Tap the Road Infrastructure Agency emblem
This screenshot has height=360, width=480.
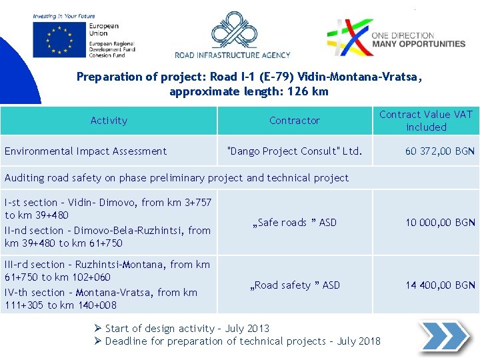(x=232, y=31)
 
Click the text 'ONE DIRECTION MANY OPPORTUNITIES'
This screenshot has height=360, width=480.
(x=418, y=39)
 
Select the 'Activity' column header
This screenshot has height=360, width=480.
(x=109, y=121)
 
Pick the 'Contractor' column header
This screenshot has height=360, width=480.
(x=294, y=121)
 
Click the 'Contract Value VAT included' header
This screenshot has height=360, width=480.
(x=426, y=121)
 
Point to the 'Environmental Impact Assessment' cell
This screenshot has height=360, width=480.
(x=85, y=151)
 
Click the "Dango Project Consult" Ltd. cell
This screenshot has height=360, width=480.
(x=295, y=151)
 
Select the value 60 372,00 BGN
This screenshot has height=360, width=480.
(x=440, y=151)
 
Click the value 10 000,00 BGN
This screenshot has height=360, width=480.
(x=440, y=223)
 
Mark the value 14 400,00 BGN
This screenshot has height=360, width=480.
(x=440, y=285)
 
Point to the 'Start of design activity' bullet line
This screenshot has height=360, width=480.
(x=187, y=328)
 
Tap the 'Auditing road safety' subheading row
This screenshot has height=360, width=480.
(x=177, y=178)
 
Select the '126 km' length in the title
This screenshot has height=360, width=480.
(x=309, y=91)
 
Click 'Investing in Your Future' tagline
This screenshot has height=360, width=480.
(x=64, y=16)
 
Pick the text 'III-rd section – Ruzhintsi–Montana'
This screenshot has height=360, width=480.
(x=107, y=265)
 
